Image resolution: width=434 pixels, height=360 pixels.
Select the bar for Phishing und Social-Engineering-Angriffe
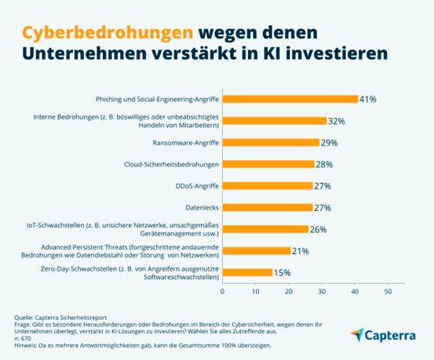pos(290,100)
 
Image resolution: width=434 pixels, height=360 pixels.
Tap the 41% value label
pos(368,100)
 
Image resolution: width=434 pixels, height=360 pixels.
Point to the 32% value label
pos(338,121)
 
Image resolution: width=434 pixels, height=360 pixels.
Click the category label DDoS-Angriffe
pos(193,186)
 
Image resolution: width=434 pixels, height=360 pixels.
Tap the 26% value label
pos(319,229)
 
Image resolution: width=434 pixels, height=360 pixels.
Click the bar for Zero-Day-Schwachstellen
pos(248,272)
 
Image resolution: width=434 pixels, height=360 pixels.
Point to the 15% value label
pos(283,272)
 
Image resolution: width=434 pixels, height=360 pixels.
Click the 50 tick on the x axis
pos(388,290)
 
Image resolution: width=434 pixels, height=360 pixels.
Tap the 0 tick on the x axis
pos(223,290)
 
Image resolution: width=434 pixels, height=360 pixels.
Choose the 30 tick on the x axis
pos(322,290)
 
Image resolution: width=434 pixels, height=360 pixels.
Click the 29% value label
pos(329,143)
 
